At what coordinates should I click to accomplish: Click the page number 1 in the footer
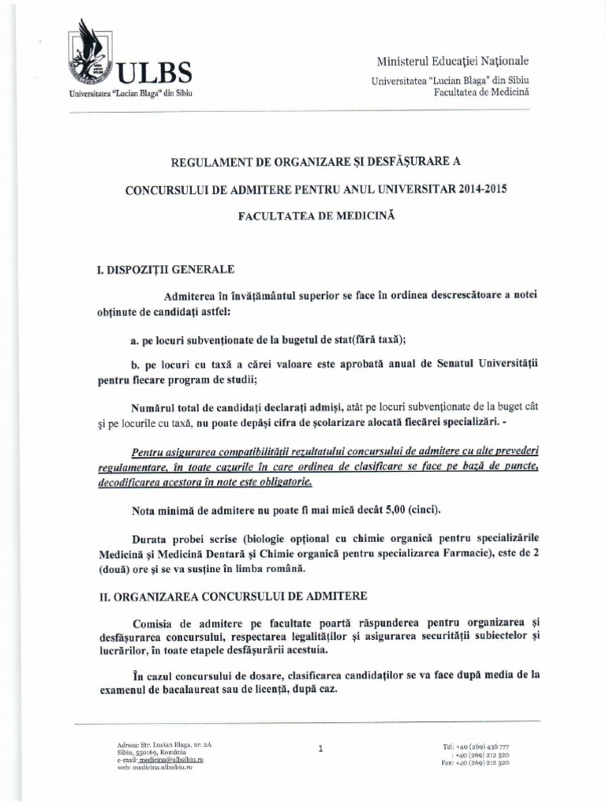(320, 750)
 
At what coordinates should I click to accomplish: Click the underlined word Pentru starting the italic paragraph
(151, 453)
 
